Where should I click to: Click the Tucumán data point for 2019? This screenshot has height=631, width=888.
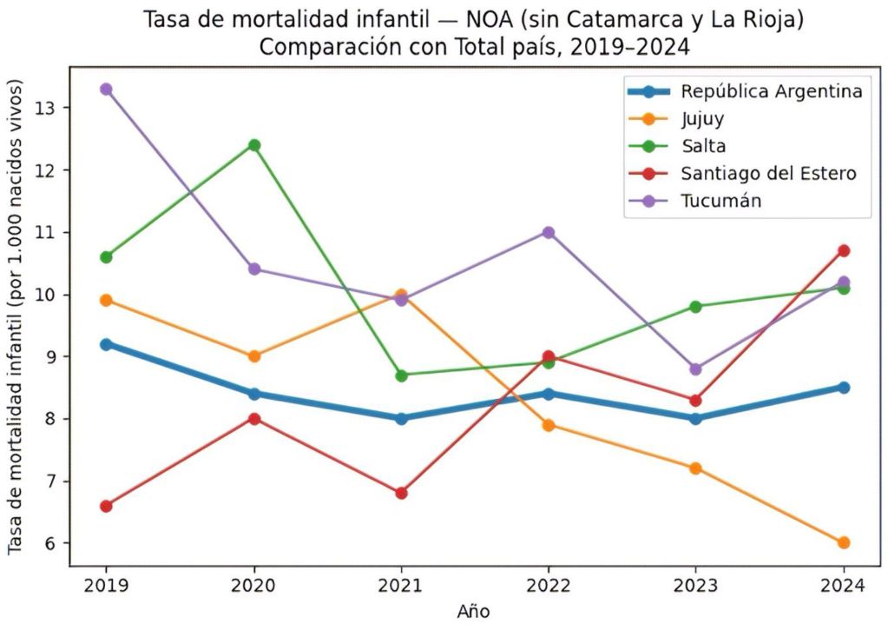point(106,89)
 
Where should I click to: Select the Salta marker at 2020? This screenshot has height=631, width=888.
point(254,145)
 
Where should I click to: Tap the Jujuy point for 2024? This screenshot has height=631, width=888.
point(844,542)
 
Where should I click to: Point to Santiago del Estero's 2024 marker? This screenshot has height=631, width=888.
point(844,250)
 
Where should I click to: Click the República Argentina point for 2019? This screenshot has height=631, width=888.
point(106,344)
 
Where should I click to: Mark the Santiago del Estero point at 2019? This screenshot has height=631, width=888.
point(106,506)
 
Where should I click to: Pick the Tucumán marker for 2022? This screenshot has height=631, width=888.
point(549,232)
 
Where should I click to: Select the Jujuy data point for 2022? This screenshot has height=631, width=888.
point(549,425)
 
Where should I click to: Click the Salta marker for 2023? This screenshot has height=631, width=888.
point(696,306)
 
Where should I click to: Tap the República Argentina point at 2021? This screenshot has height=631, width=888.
point(401,418)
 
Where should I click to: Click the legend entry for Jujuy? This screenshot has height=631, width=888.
point(702,118)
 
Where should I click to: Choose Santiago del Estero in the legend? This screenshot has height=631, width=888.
point(768,173)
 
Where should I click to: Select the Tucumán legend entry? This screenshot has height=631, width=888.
point(720,201)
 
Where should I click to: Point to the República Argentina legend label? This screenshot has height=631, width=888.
point(771,90)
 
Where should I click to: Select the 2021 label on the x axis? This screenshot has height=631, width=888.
point(401,585)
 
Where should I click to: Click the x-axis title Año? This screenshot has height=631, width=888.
point(474,612)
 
